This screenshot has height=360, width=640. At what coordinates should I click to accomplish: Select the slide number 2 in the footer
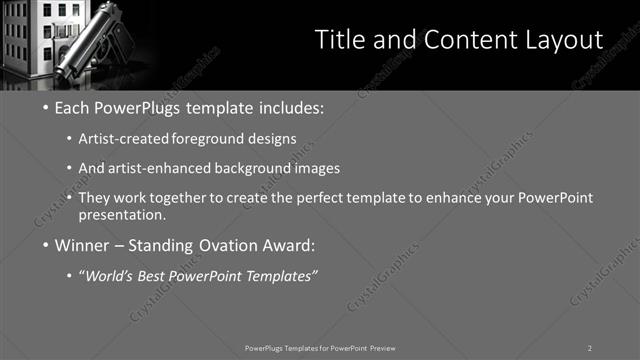[589, 347]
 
